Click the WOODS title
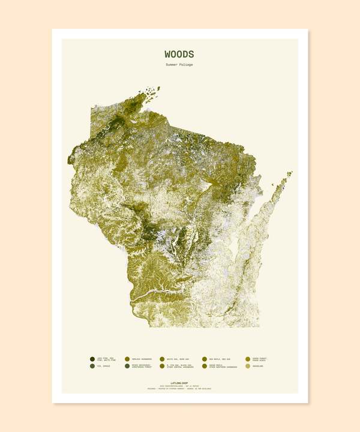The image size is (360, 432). click(x=179, y=55)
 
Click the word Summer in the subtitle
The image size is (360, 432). click(x=173, y=65)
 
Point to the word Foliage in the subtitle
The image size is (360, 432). click(x=187, y=65)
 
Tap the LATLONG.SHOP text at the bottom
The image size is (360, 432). click(x=179, y=382)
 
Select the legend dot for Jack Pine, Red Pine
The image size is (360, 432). click(x=92, y=359)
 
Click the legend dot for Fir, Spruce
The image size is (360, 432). click(x=92, y=366)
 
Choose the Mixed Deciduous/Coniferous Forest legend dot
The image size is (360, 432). click(x=127, y=366)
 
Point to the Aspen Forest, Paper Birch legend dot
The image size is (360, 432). click(x=248, y=359)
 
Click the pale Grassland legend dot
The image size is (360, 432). click(x=248, y=366)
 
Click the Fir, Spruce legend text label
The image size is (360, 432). click(x=103, y=366)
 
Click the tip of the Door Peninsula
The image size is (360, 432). click(x=291, y=173)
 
